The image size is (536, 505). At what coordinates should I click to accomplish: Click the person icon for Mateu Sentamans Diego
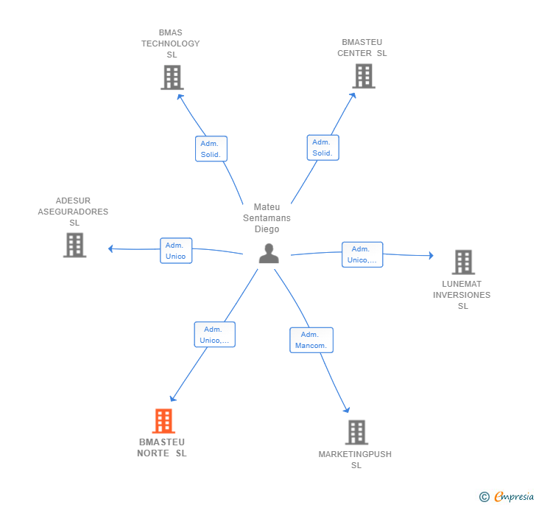[269, 253]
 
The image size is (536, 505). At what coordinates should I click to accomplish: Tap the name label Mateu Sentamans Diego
[267, 218]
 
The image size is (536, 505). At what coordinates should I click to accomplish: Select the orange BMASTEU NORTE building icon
[163, 421]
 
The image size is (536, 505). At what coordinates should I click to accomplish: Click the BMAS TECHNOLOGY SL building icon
[172, 77]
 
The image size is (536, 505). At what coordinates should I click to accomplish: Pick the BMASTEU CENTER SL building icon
[363, 76]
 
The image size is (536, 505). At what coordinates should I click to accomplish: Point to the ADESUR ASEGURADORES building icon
[74, 245]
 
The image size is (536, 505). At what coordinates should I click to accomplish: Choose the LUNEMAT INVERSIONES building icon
[462, 262]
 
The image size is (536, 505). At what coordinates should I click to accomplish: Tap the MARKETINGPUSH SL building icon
[356, 432]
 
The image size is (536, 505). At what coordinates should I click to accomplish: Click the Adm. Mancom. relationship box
[311, 340]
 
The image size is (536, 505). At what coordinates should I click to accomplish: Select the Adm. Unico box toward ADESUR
[176, 251]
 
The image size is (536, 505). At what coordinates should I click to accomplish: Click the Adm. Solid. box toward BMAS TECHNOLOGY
[211, 149]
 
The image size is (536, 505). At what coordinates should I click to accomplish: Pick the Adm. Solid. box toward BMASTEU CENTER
[322, 147]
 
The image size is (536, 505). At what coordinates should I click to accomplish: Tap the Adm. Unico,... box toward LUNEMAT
[362, 254]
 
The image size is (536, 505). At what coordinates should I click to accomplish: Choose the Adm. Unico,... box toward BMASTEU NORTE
[214, 335]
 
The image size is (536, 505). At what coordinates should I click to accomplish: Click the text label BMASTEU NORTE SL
[162, 447]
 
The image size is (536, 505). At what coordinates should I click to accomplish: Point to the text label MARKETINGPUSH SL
[355, 459]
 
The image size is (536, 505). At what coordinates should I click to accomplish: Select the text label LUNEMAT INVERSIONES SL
[462, 295]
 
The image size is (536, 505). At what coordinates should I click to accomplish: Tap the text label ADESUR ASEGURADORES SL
[73, 212]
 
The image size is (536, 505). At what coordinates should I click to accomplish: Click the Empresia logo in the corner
[507, 497]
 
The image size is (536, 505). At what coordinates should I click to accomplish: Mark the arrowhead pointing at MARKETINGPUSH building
[346, 410]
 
